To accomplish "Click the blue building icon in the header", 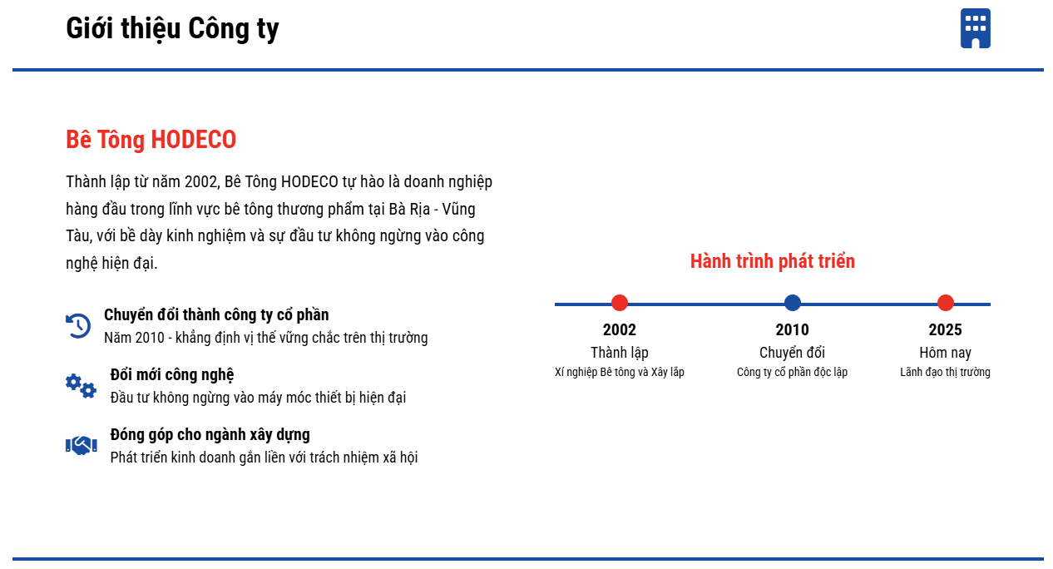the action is click(976, 28).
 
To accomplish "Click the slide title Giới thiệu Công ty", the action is click(172, 28).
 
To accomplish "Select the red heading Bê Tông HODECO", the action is click(151, 140).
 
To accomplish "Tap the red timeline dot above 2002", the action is click(620, 303).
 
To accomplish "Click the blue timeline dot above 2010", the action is click(793, 303).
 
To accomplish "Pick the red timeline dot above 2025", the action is click(946, 303).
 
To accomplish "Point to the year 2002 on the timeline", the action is click(620, 329).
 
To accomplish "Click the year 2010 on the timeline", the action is click(792, 329).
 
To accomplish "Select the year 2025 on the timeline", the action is click(946, 329).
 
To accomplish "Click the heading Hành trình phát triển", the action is click(773, 261).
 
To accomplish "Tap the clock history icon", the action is click(78, 326).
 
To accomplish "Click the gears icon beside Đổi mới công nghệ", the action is click(81, 386).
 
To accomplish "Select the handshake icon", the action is click(82, 445).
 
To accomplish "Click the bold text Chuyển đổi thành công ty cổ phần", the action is click(216, 315).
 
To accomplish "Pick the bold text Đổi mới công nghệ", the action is click(172, 375).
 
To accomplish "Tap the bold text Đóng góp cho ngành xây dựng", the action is click(210, 434).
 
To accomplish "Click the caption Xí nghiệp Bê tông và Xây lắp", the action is click(620, 372).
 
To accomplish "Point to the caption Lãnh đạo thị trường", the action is click(946, 372).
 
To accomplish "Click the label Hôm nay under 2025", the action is click(946, 352).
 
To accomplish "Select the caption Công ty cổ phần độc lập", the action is click(792, 372).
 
